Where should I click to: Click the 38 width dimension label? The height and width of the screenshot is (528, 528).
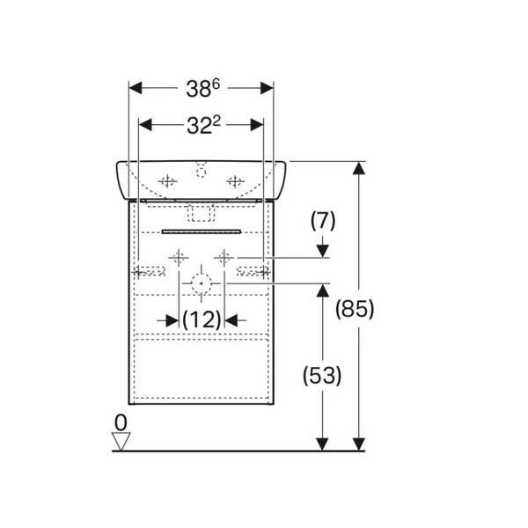click(x=202, y=89)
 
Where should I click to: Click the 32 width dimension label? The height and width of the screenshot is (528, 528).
click(x=203, y=125)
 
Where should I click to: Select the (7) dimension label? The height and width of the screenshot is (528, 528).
click(x=323, y=221)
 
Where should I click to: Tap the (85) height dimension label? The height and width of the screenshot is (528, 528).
click(x=355, y=309)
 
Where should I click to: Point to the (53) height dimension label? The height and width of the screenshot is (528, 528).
click(x=322, y=376)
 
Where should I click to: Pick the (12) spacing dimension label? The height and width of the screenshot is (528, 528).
click(x=202, y=319)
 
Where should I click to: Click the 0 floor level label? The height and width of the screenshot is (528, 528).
click(x=121, y=422)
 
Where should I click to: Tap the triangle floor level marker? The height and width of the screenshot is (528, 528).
click(x=121, y=442)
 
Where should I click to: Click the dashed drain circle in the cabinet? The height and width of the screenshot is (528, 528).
click(x=202, y=283)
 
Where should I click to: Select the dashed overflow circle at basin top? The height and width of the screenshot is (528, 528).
click(x=201, y=172)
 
